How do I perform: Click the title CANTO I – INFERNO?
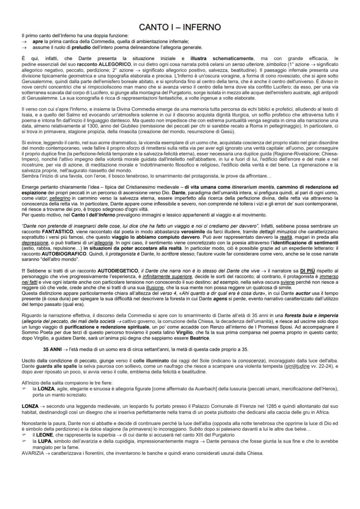pos(180,27)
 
